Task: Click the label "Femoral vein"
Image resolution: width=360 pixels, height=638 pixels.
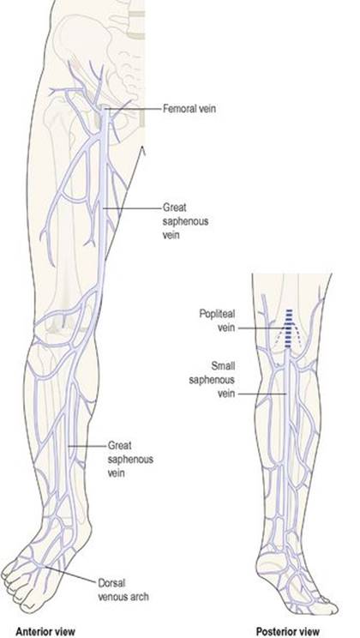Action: pos(189,109)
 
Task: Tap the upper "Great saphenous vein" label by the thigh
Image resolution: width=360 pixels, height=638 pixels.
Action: pos(185,221)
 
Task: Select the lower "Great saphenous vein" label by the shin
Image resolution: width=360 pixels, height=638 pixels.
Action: pos(130,459)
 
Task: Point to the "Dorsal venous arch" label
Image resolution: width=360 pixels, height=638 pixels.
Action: pos(123,590)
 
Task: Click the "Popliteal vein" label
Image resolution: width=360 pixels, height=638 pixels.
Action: pos(217,320)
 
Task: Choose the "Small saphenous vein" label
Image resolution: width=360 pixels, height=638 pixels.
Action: pos(212,380)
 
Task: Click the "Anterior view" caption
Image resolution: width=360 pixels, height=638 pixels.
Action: pos(45,631)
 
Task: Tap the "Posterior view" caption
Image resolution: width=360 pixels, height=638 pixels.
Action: pos(288,631)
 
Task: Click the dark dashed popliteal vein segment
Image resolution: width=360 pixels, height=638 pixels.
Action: pos(289,328)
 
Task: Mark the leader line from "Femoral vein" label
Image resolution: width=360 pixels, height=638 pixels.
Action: pos(133,109)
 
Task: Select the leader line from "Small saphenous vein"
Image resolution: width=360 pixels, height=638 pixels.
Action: pos(262,394)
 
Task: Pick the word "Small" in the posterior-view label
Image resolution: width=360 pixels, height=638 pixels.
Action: pos(224,366)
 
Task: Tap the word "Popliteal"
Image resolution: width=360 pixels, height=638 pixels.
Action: pos(217,314)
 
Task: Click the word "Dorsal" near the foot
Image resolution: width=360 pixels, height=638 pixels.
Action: pos(110,582)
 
